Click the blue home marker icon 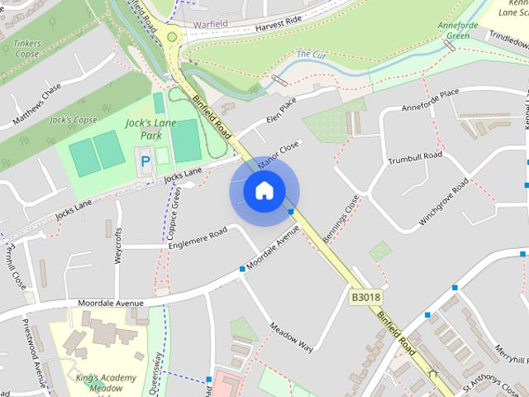(264, 191)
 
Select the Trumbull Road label (416, 156)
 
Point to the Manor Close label (278, 155)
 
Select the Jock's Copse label (74, 120)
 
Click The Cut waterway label (310, 55)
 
